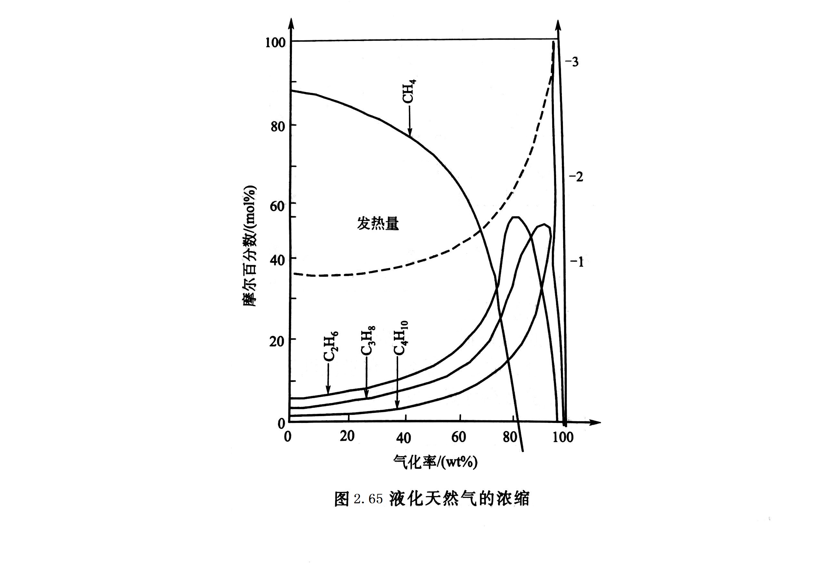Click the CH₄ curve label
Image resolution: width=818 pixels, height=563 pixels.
[x=409, y=91]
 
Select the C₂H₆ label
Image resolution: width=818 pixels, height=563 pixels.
[x=331, y=347]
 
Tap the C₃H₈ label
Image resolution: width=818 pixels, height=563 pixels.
[x=368, y=341]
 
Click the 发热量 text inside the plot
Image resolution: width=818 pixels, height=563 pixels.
[x=378, y=224]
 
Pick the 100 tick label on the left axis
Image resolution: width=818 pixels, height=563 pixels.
[x=275, y=43]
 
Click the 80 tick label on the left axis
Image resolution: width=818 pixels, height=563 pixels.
[x=278, y=126]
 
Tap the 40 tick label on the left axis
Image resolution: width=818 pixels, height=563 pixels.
[x=277, y=261]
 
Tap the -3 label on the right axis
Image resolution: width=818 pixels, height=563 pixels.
[x=572, y=62]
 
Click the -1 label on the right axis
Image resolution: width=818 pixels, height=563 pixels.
[x=577, y=262]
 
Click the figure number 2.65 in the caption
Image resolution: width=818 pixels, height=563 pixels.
[x=368, y=499]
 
